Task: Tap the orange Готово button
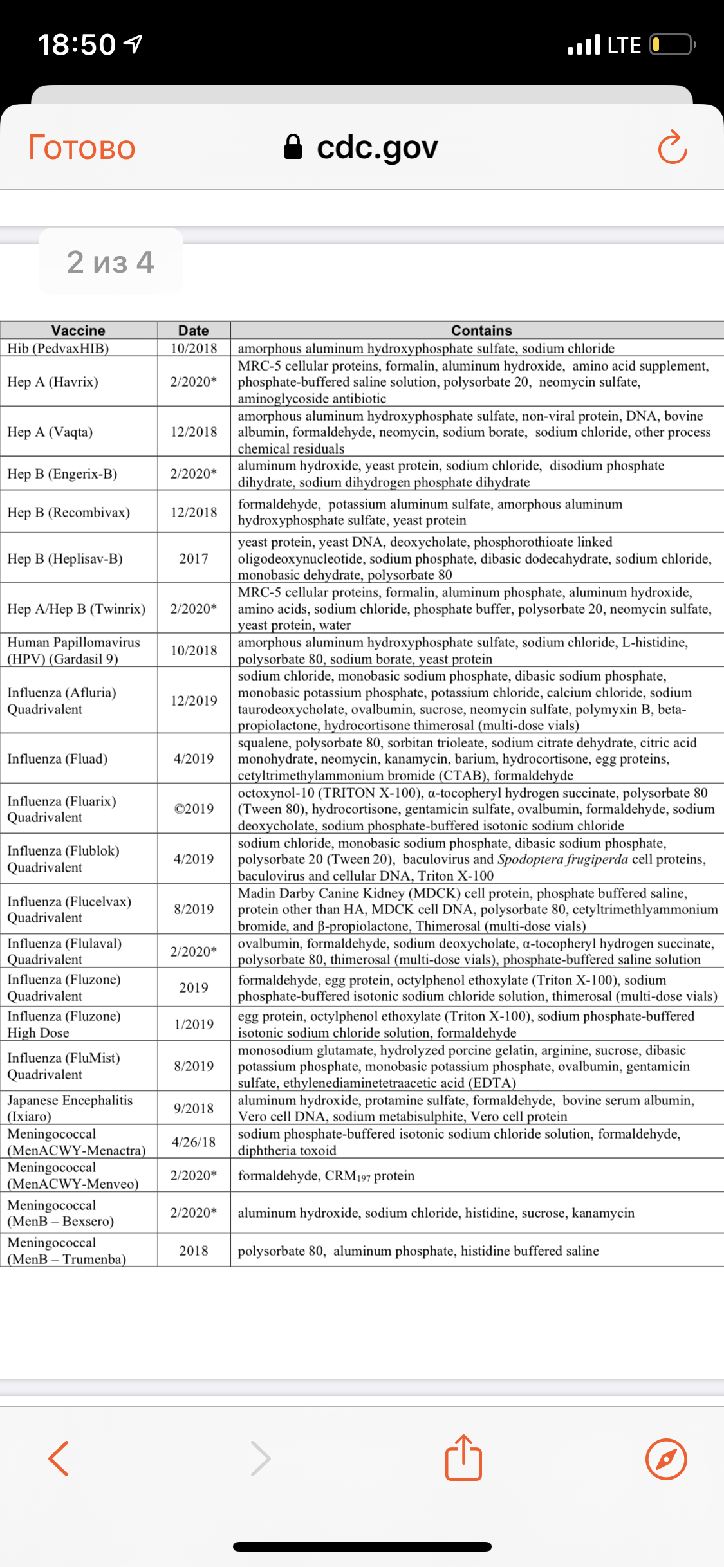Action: [x=82, y=147]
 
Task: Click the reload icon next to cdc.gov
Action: [x=673, y=147]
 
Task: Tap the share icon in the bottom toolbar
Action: [x=463, y=1458]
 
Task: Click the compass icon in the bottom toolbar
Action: [x=666, y=1459]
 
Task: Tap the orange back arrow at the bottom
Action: [x=59, y=1458]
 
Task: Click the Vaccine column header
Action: [x=78, y=331]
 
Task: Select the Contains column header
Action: [x=481, y=331]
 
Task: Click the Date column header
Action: [x=194, y=331]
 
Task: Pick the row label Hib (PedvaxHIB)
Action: [x=58, y=348]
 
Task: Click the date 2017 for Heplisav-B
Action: [x=194, y=558]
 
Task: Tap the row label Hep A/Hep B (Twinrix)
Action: [x=77, y=609]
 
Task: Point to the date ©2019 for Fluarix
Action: [x=194, y=809]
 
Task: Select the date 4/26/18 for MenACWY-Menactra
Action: [x=194, y=1142]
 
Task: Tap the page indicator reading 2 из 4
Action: [x=111, y=262]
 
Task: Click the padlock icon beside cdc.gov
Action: [x=293, y=147]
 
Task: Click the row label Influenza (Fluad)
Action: [x=57, y=758]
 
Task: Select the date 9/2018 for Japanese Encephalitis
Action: [x=194, y=1108]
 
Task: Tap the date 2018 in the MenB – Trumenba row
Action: [x=194, y=1251]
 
